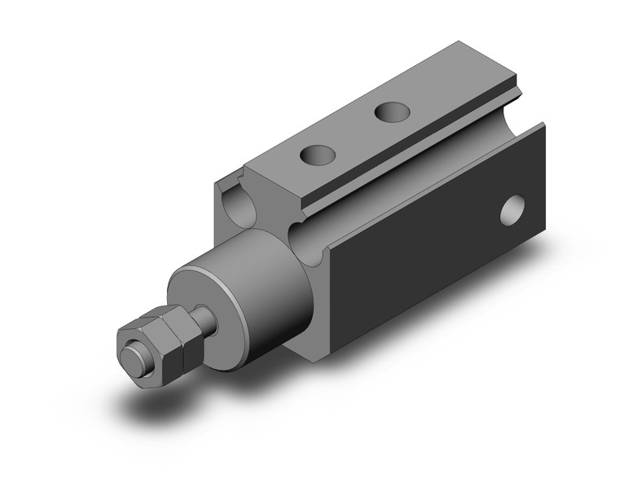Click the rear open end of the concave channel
pyautogui.click(x=521, y=122)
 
